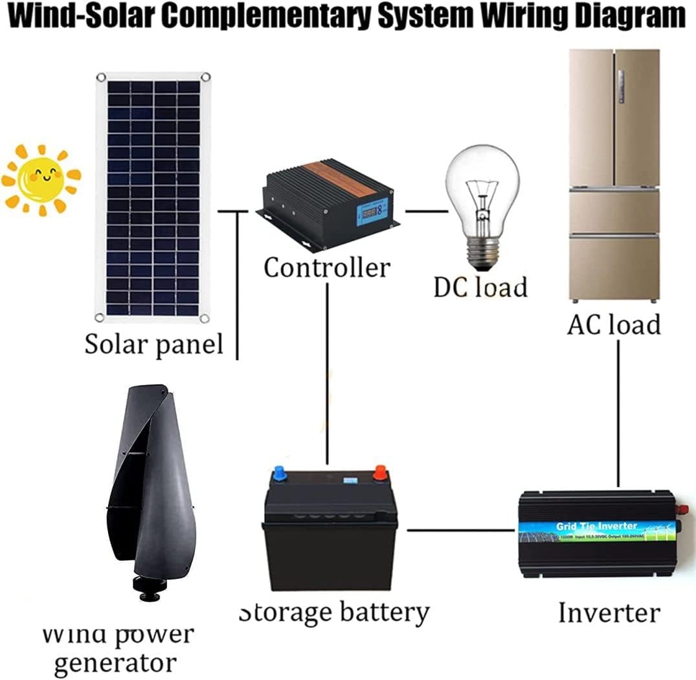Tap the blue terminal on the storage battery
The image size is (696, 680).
[x=280, y=474]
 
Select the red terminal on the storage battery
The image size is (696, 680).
[x=379, y=474]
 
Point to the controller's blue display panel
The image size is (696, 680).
[x=372, y=213]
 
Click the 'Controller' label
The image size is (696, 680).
[x=327, y=267]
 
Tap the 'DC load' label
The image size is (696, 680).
[x=480, y=287]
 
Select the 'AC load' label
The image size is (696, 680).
[x=614, y=324]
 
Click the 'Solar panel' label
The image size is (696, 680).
[x=153, y=344]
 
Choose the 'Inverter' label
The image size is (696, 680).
[x=609, y=612]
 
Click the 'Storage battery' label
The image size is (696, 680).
[x=334, y=612]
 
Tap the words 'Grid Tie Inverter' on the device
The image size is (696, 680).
[x=596, y=526]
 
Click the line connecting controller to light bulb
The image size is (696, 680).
[x=427, y=211]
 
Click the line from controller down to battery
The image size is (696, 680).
[x=328, y=376]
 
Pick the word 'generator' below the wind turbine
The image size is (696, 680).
[x=115, y=662]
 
